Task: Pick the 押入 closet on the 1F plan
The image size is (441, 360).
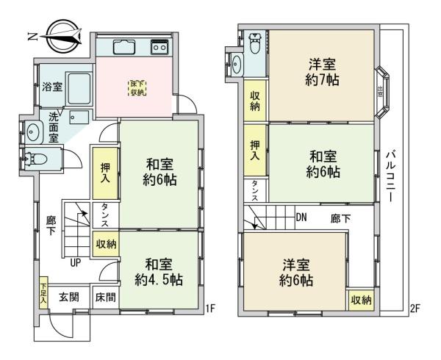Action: tap(104, 171)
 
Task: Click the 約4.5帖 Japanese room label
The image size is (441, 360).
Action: tap(159, 272)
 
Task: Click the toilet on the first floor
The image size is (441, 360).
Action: tap(36, 156)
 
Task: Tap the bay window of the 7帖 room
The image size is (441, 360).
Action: tap(383, 93)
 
